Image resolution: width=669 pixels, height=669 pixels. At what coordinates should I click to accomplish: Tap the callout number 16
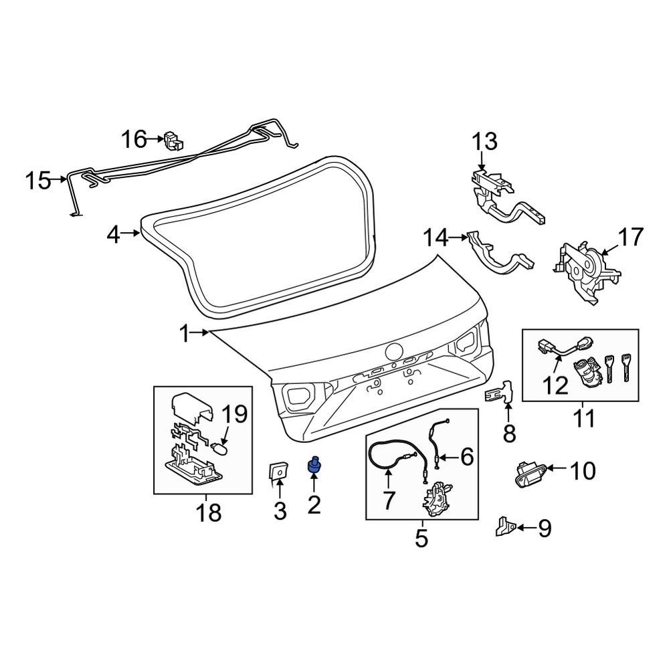134,139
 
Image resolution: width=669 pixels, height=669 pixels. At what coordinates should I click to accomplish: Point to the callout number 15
38,180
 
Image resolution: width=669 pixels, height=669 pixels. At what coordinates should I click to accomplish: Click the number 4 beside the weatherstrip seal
113,234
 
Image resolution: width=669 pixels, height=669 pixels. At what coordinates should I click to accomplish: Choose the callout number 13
484,141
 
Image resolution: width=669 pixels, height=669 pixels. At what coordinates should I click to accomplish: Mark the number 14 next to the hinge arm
436,238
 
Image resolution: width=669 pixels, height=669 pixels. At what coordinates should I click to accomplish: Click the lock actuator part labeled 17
587,272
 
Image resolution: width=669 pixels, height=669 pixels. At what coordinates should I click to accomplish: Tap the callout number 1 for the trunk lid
185,334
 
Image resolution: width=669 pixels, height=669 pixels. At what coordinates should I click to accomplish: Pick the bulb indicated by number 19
221,449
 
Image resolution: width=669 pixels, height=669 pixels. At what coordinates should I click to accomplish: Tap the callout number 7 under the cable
388,500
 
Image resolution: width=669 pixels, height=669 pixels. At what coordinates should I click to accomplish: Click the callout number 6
467,457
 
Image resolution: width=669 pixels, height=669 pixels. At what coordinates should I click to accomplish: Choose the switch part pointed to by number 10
530,475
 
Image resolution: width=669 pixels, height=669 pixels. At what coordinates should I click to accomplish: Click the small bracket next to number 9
506,527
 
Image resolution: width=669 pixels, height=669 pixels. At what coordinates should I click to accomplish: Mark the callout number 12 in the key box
556,385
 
